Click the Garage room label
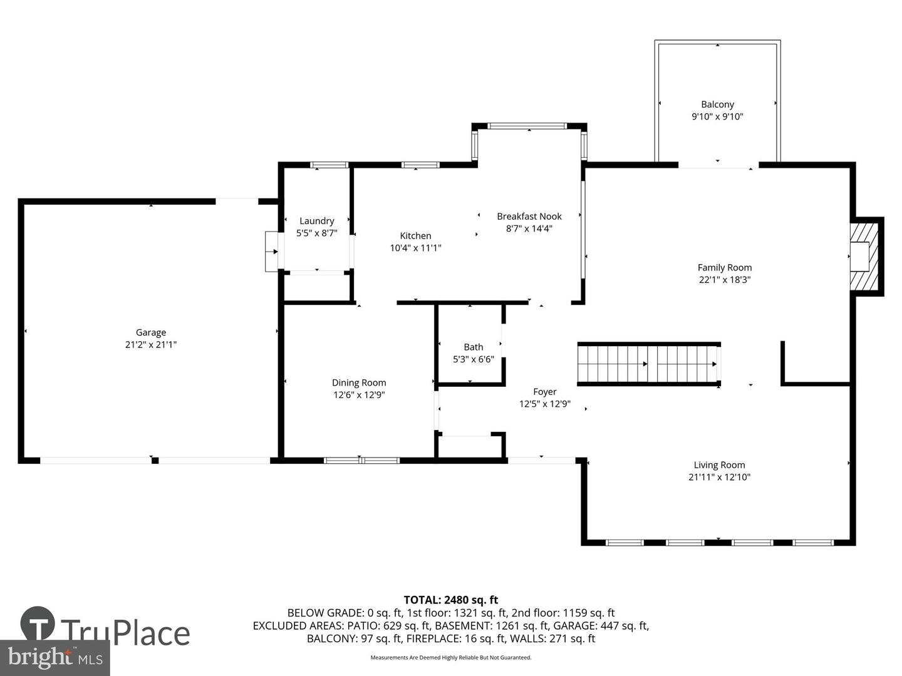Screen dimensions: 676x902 click(x=151, y=332)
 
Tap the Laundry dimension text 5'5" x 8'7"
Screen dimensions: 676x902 click(x=317, y=233)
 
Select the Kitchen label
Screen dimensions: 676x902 click(x=415, y=236)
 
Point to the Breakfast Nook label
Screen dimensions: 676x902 click(x=529, y=217)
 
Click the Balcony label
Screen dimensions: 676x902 click(x=717, y=105)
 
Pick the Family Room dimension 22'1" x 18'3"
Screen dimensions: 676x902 click(x=725, y=280)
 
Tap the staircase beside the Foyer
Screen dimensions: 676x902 click(x=648, y=364)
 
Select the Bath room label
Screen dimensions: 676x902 click(x=474, y=347)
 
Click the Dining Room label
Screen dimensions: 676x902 click(x=359, y=382)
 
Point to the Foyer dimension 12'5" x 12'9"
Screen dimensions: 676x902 click(x=545, y=404)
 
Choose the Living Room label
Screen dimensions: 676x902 click(x=719, y=465)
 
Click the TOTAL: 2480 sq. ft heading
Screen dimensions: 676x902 click(x=451, y=600)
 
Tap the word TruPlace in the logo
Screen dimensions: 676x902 click(x=125, y=632)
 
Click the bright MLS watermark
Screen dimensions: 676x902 click(x=55, y=658)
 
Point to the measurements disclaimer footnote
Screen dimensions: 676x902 click(x=451, y=657)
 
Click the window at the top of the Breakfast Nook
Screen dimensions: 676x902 click(x=527, y=126)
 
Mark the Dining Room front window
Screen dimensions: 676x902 click(x=361, y=461)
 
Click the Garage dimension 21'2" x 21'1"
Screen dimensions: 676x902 click(x=151, y=344)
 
